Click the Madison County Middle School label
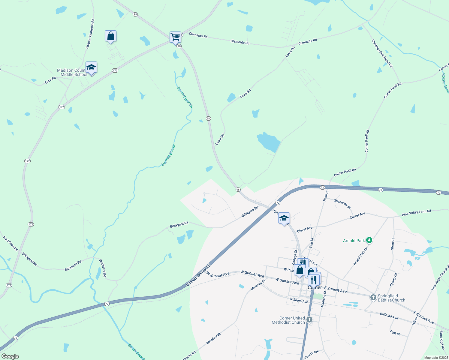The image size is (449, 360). (x=72, y=73)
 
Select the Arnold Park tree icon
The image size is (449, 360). (x=369, y=240)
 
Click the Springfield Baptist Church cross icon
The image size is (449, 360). (x=373, y=297)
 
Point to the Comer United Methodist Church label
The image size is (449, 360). (x=288, y=320)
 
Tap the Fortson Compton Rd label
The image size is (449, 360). (x=90, y=34)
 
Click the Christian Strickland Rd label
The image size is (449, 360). (x=382, y=53)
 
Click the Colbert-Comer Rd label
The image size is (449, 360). (x=198, y=275)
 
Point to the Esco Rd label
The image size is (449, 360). (x=50, y=80)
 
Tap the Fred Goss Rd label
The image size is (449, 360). (x=11, y=244)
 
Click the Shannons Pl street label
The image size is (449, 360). (x=342, y=204)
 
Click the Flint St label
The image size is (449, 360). (x=395, y=333)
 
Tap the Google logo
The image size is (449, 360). (x=10, y=356)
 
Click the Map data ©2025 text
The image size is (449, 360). (x=436, y=358)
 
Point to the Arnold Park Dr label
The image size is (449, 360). (x=360, y=256)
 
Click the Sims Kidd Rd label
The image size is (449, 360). (x=442, y=340)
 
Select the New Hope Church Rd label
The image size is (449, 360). (x=440, y=277)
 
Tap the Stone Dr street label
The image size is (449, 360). (x=393, y=243)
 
